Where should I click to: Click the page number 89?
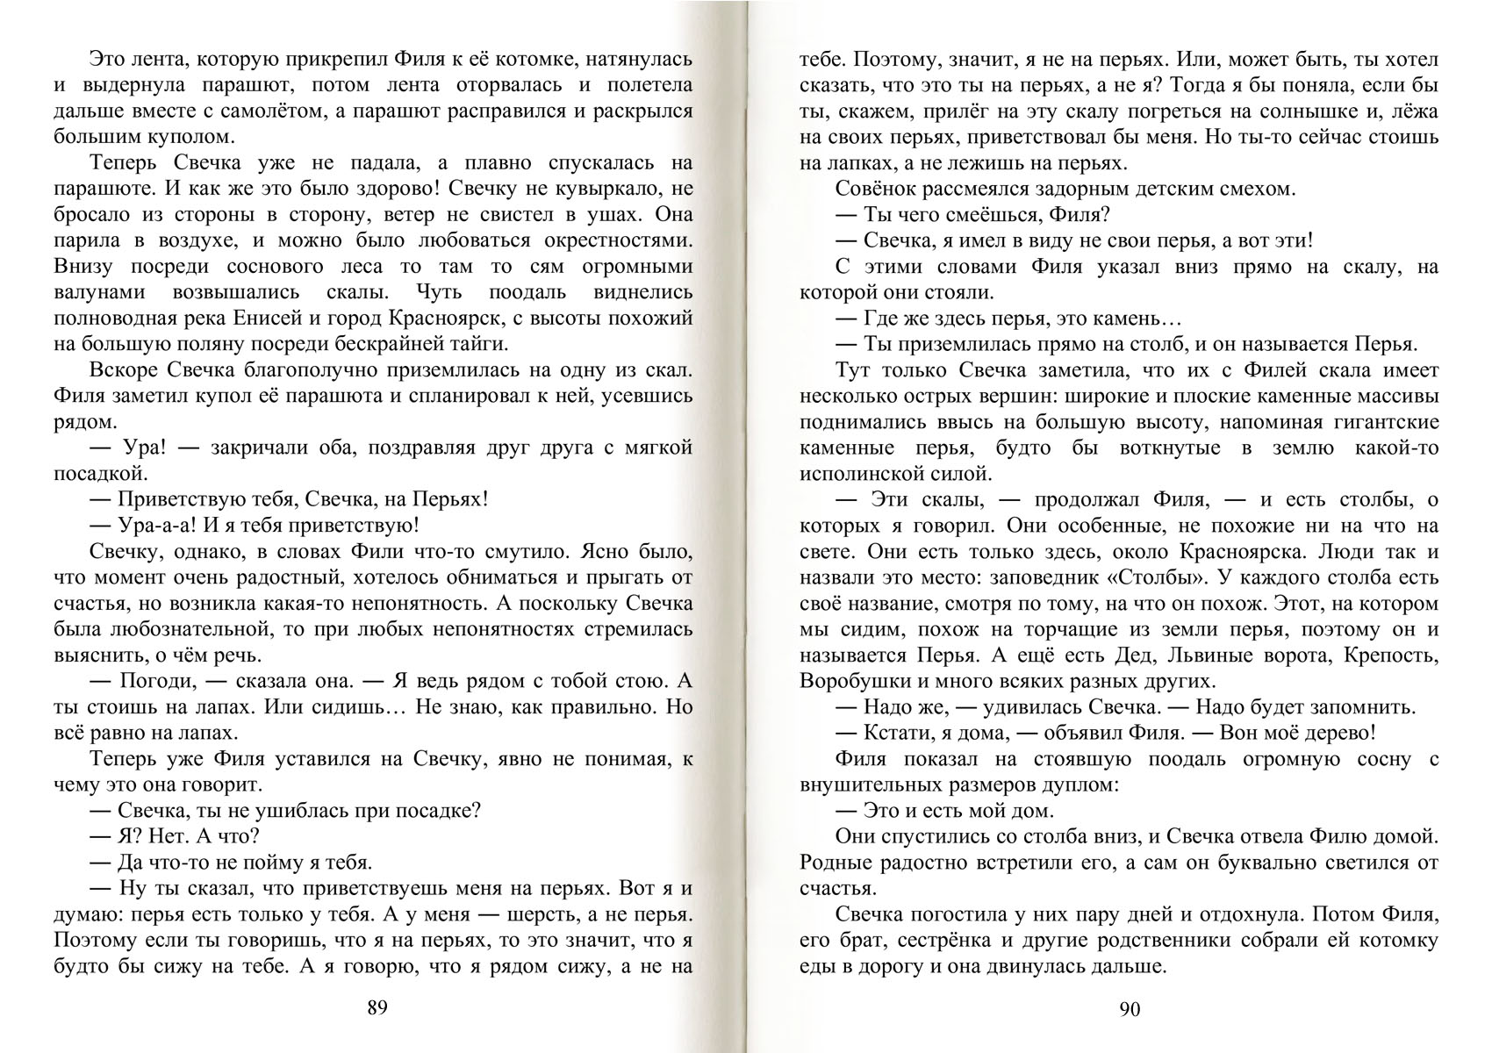377,1008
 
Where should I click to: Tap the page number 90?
1130,1010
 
